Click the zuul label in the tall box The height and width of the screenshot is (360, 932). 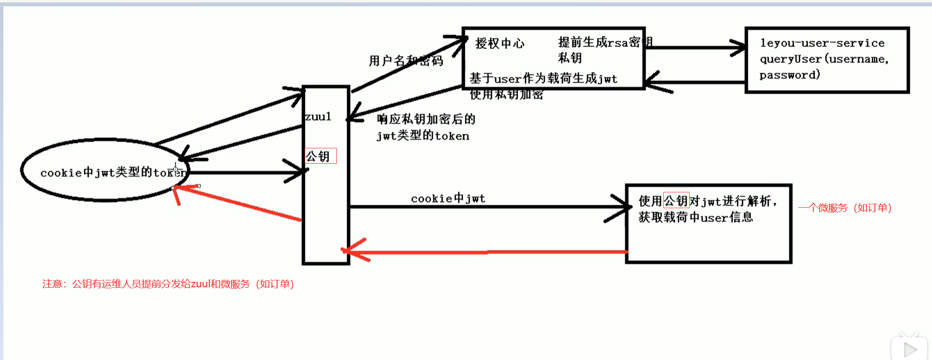[318, 117]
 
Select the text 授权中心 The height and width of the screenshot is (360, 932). [500, 44]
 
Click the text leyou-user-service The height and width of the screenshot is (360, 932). [822, 43]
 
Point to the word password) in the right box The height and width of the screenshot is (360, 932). [790, 75]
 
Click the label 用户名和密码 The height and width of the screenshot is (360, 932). [406, 61]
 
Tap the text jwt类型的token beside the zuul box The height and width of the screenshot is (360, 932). [422, 136]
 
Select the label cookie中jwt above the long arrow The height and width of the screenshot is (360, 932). [448, 198]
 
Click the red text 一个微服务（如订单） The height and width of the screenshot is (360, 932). [845, 208]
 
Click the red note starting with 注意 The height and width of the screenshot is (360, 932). [168, 284]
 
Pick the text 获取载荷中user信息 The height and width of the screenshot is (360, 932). [695, 217]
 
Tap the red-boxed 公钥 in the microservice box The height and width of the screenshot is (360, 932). [676, 200]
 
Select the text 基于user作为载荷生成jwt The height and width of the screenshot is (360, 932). [543, 78]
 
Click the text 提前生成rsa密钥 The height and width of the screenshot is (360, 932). [605, 43]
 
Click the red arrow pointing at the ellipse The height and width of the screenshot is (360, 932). [237, 203]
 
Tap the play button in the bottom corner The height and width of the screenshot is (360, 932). [909, 349]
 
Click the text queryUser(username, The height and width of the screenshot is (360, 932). [824, 59]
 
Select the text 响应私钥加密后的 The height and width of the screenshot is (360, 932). [426, 119]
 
